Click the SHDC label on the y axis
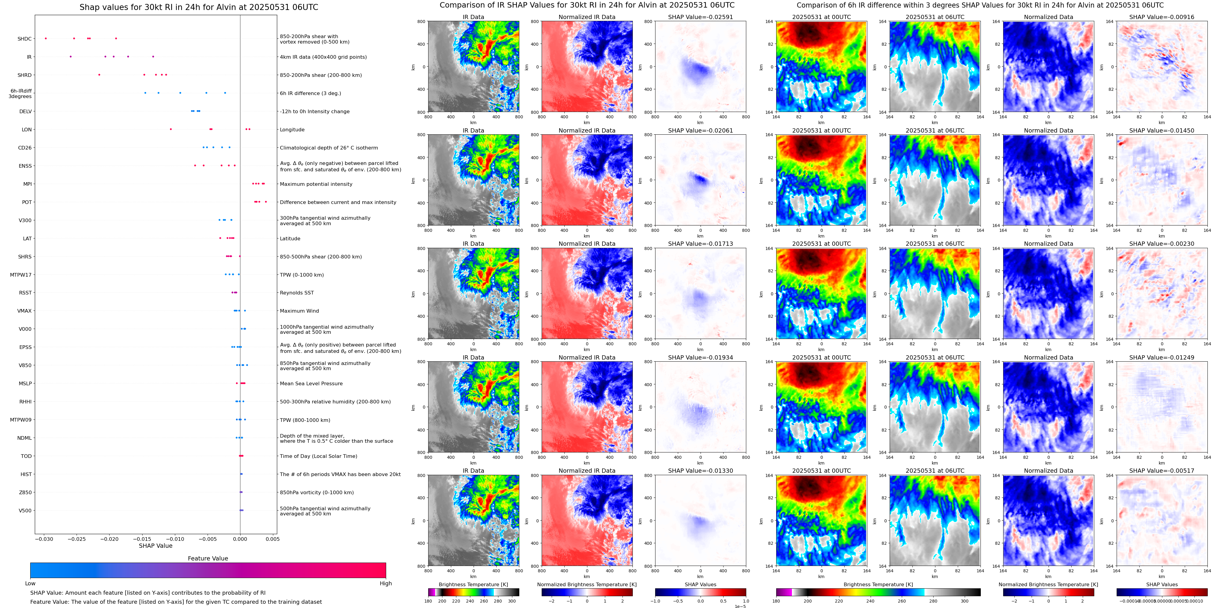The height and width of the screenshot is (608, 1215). pos(25,39)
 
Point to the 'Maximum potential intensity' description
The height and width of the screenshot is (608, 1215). pos(316,184)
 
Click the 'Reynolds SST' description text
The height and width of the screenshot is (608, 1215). pos(297,293)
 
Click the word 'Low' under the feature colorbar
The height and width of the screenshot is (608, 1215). pos(30,583)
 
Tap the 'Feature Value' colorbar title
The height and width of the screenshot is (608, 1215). pos(208,558)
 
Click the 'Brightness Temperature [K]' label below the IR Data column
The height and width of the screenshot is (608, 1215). pos(473,584)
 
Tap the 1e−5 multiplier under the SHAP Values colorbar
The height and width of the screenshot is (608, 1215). pos(740,606)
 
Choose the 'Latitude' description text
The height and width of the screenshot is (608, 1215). pos(290,239)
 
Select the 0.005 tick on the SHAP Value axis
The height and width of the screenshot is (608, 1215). pos(272,539)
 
